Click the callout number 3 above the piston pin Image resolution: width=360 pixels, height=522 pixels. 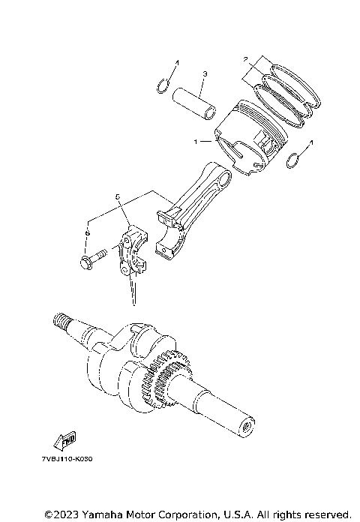click(x=203, y=74)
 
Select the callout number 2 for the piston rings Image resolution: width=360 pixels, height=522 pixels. click(x=244, y=58)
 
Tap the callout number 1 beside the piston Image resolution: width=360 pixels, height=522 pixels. click(x=196, y=140)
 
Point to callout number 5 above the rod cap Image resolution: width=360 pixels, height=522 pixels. click(x=118, y=196)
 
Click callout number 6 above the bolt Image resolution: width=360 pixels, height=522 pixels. click(x=87, y=233)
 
